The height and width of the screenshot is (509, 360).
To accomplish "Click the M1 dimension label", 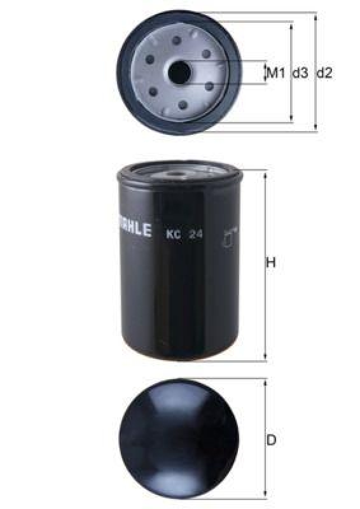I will point(275,73).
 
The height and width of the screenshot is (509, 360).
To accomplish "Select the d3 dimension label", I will point(300,73).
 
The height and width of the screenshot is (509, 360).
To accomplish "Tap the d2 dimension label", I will point(324,73).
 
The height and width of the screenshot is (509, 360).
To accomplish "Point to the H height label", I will point(270,263).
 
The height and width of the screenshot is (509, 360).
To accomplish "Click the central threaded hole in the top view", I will point(179,73).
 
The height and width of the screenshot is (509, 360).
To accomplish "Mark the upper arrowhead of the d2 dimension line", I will point(316,16).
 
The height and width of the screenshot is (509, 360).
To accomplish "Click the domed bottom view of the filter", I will point(179,439).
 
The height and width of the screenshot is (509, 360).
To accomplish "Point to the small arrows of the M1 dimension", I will point(265,73).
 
